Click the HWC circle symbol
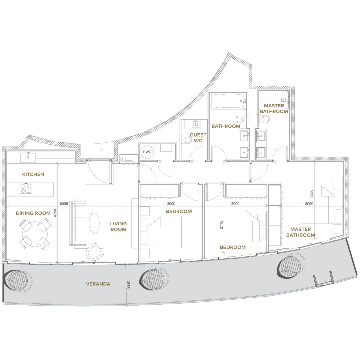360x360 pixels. click(147, 152)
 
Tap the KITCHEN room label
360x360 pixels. click(33, 174)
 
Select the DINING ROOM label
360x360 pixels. click(33, 213)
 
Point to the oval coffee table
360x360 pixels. click(94, 223)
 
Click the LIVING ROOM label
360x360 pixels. click(118, 226)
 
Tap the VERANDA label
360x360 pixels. click(98, 284)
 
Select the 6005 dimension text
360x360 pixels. click(64, 204)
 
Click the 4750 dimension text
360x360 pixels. click(55, 213)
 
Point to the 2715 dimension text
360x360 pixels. click(221, 225)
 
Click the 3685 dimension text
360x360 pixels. click(312, 194)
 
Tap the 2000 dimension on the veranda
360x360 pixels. click(129, 285)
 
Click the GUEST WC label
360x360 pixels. click(198, 138)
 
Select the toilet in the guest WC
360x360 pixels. click(187, 140)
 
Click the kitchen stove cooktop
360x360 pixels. click(26, 188)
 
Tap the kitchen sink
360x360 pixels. click(28, 158)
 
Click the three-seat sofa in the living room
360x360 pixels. click(78, 223)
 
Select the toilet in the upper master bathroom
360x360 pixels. click(266, 119)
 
